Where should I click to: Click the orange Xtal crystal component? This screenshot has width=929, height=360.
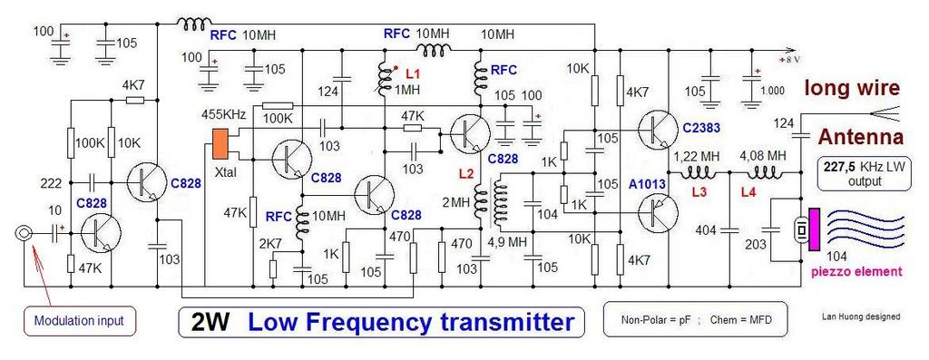pyautogui.click(x=221, y=143)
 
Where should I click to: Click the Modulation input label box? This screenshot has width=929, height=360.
pyautogui.click(x=79, y=321)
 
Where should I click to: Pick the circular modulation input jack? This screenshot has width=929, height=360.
pyautogui.click(x=23, y=234)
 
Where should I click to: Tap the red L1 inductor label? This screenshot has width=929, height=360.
pyautogui.click(x=413, y=75)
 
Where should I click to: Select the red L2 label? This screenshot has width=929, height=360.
pyautogui.click(x=467, y=175)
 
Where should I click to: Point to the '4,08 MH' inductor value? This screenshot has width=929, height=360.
pyautogui.click(x=762, y=157)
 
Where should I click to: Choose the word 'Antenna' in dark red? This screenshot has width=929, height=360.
pyautogui.click(x=861, y=137)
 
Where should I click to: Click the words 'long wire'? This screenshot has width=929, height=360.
pyautogui.click(x=851, y=89)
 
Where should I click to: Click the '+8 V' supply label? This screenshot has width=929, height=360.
pyautogui.click(x=791, y=61)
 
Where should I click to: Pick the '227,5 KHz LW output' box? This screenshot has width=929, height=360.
pyautogui.click(x=863, y=173)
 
